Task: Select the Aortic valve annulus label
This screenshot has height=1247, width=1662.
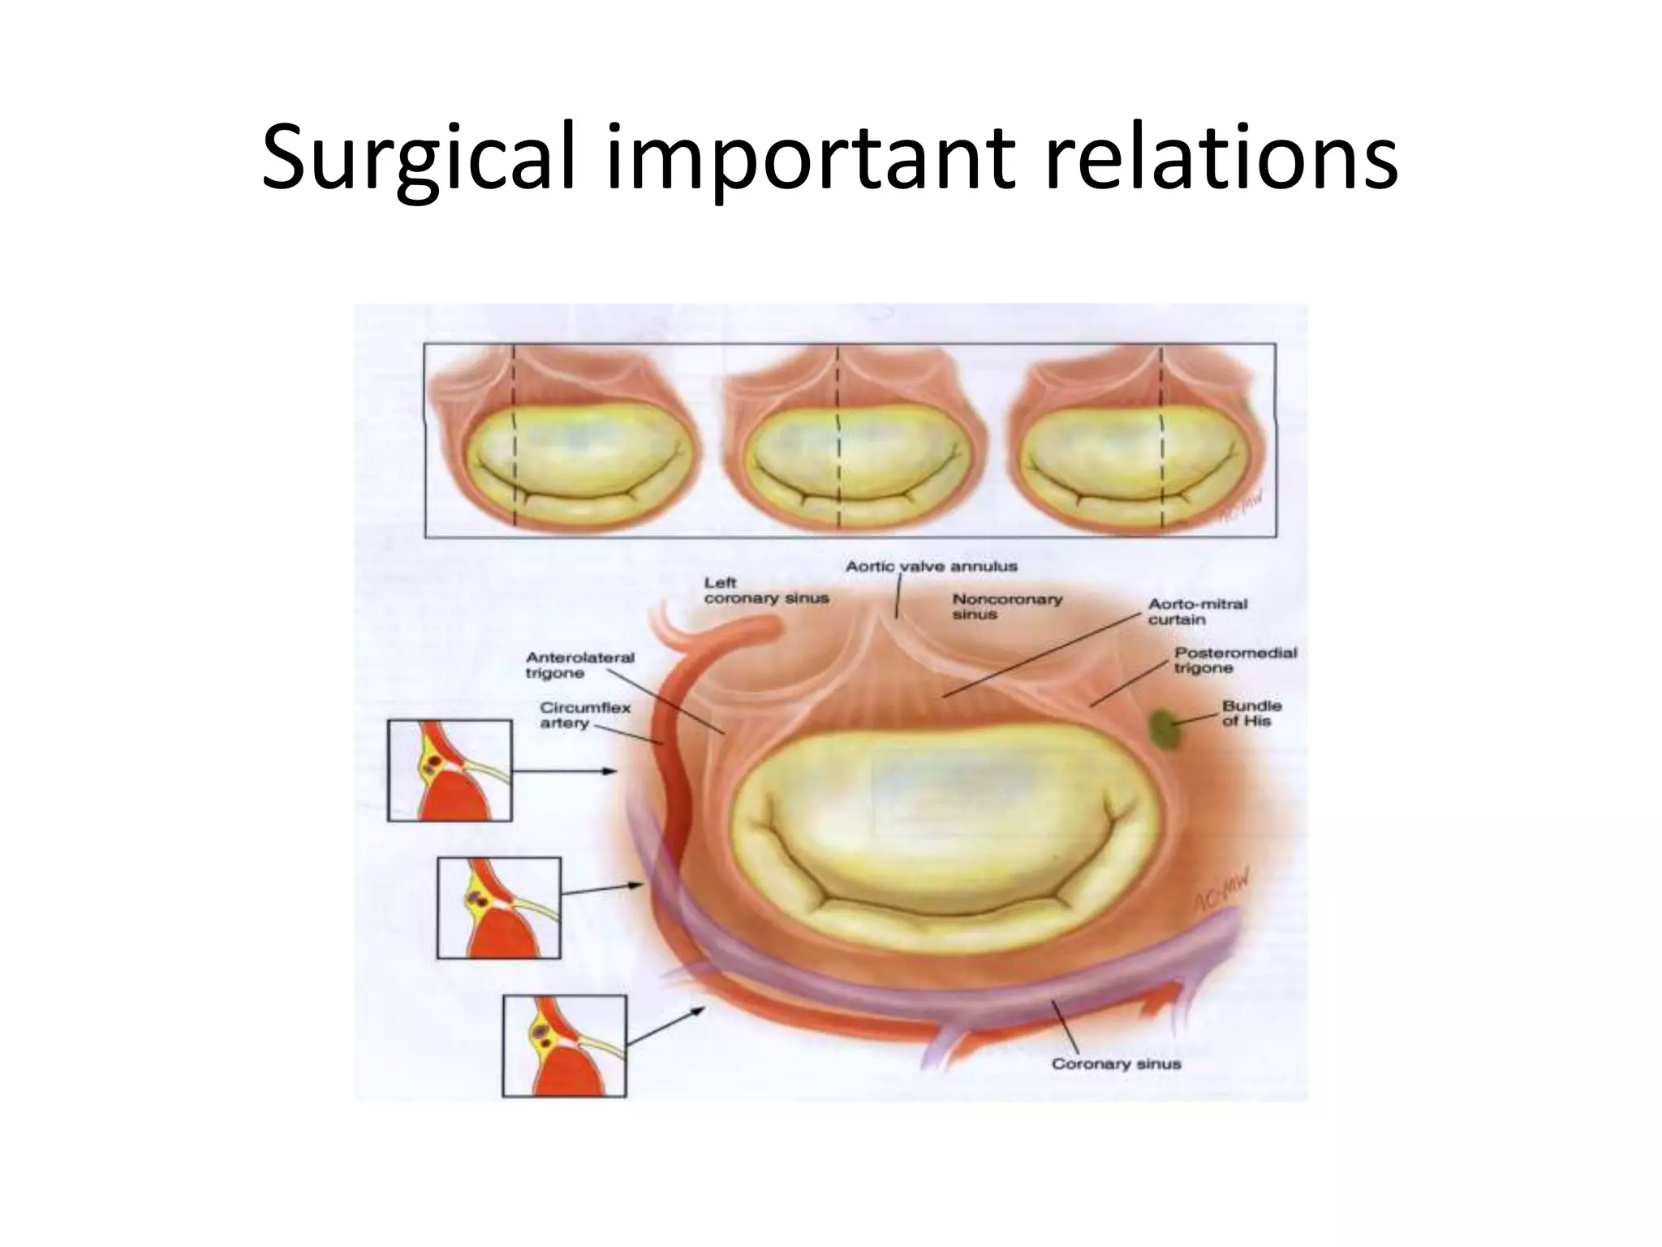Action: click(931, 567)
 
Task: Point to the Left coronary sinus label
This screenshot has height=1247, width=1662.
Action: click(765, 590)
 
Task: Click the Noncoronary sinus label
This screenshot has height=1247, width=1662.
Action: click(1006, 606)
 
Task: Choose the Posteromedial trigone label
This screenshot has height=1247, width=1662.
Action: click(1235, 660)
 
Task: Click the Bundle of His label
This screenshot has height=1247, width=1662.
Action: click(1251, 713)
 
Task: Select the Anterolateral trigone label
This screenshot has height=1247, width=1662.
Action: click(579, 665)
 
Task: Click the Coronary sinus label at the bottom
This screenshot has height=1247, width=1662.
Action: click(1116, 1064)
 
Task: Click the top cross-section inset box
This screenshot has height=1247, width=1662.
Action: click(450, 770)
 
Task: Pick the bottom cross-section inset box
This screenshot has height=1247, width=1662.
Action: click(564, 1046)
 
